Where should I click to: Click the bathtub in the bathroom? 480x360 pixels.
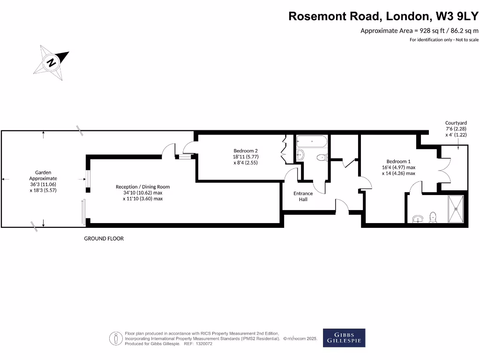click(312, 141)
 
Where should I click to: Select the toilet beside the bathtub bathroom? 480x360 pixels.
click(322, 157)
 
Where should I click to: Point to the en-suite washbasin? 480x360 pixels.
click(418, 218)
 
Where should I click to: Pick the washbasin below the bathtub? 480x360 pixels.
click(301, 155)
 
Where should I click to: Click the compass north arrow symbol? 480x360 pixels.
click(51, 62)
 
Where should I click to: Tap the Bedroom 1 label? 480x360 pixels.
click(398, 161)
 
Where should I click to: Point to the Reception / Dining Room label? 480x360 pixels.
click(142, 187)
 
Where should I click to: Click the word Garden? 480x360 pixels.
click(43, 172)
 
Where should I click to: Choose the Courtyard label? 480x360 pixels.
click(456, 123)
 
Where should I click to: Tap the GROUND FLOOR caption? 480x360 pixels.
click(104, 239)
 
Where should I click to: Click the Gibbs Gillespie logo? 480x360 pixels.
click(344, 337)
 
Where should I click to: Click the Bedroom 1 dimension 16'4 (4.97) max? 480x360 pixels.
click(398, 167)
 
